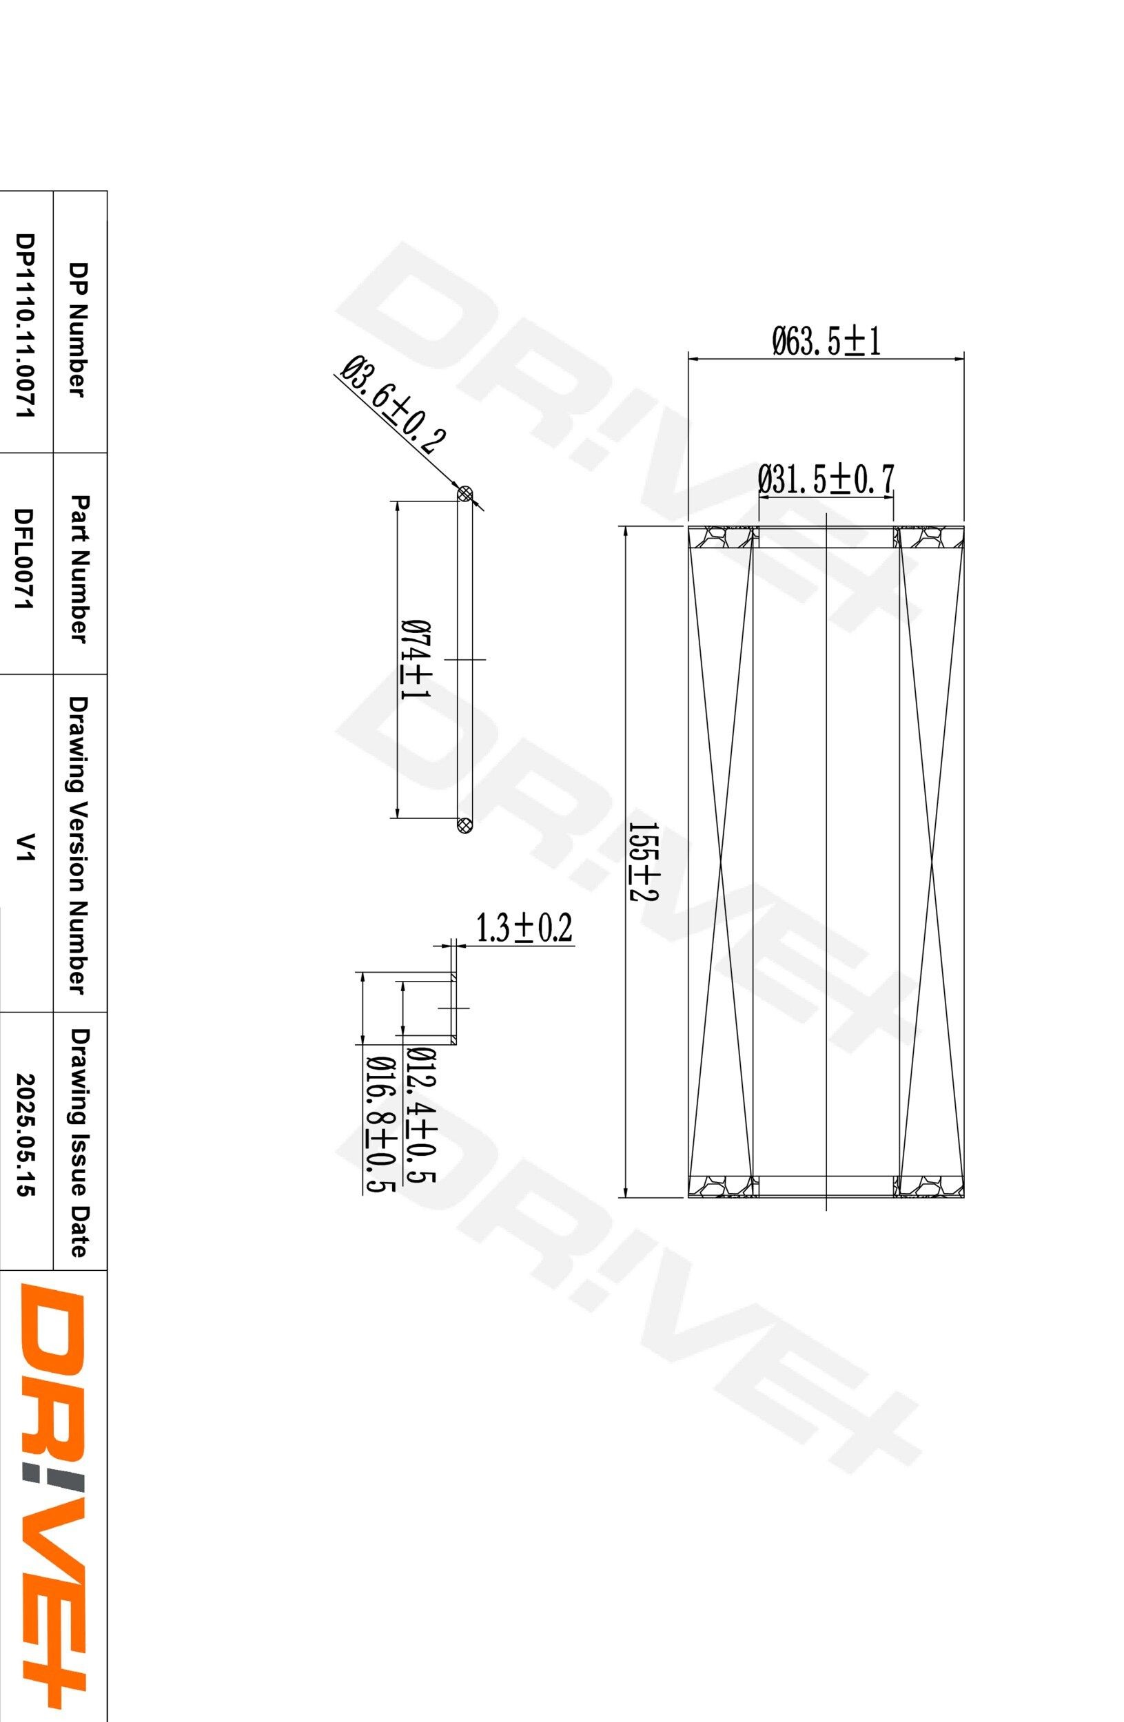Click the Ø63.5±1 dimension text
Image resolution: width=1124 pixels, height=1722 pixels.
[826, 342]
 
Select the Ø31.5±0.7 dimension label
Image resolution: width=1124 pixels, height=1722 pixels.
[826, 479]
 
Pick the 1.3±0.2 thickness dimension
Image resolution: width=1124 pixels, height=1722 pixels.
[522, 929]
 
